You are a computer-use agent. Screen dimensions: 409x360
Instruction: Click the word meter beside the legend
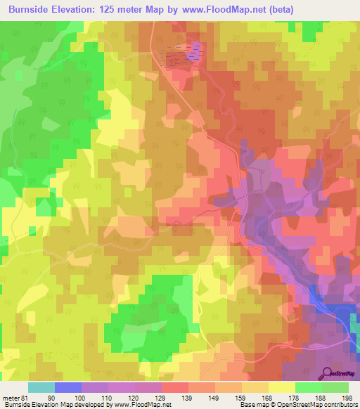(x=11, y=398)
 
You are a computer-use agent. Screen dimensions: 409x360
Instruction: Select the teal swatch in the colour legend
(x=41, y=387)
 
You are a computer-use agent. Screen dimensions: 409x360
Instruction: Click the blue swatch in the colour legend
(x=68, y=387)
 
